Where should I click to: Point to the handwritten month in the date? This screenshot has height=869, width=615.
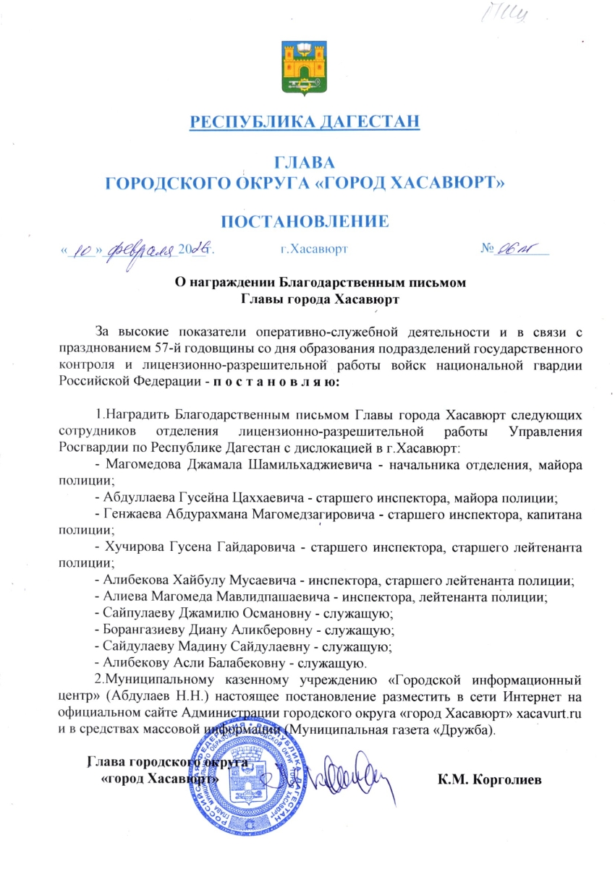pyautogui.click(x=141, y=250)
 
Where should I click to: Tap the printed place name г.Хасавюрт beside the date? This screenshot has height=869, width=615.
pyautogui.click(x=314, y=249)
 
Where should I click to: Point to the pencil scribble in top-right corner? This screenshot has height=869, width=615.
pyautogui.click(x=529, y=17)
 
